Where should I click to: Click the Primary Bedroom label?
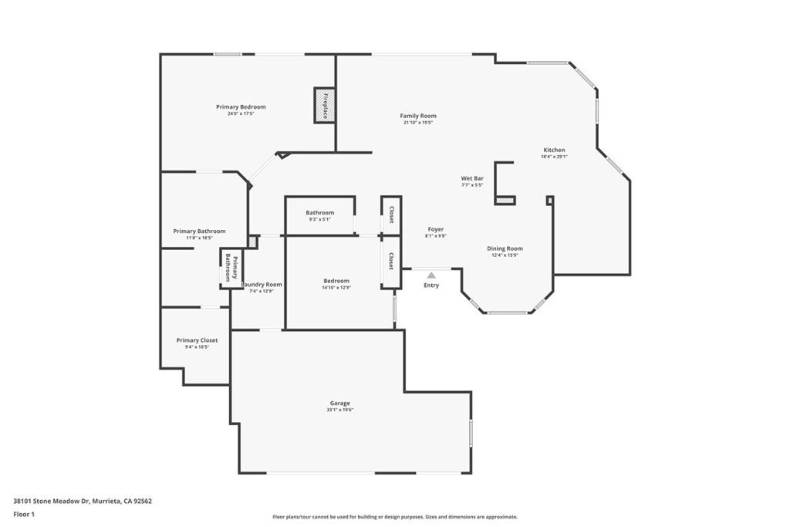click(241, 107)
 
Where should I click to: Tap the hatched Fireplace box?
click(323, 105)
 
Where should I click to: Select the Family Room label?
click(418, 116)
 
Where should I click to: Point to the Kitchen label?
click(554, 150)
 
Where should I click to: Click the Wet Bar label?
click(472, 178)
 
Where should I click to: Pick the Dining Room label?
click(505, 248)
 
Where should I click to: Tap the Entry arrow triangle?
click(431, 274)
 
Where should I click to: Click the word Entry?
click(431, 285)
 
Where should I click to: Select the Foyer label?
click(436, 229)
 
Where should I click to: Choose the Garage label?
click(339, 403)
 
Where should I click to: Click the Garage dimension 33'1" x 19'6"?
click(339, 410)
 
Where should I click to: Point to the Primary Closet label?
click(197, 340)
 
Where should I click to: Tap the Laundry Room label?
click(263, 285)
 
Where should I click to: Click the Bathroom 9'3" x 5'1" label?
click(319, 213)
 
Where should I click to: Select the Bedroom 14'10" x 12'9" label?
click(336, 281)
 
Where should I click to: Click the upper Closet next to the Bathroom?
click(391, 214)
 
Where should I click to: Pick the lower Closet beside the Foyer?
click(391, 261)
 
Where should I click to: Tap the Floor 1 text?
click(25, 514)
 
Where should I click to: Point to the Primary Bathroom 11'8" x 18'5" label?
click(199, 231)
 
